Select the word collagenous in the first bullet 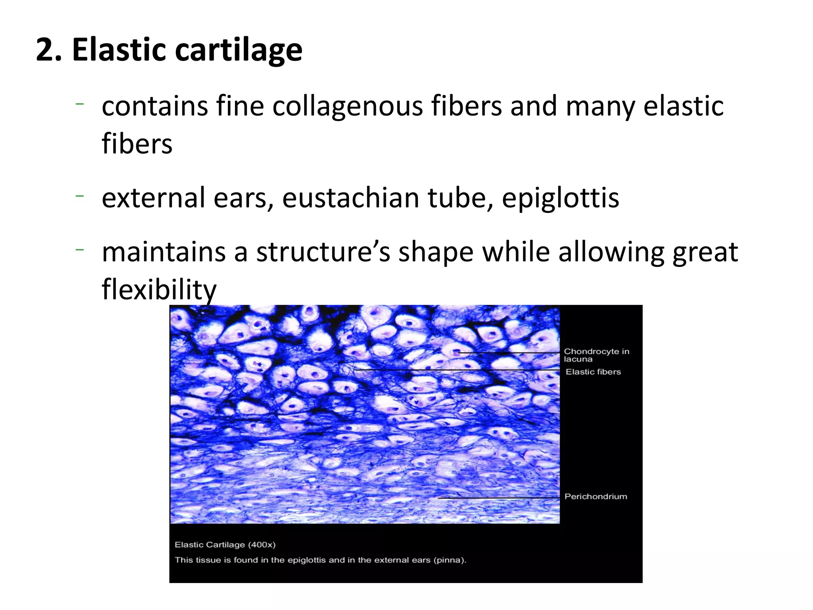tap(347, 106)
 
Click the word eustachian tap(350, 198)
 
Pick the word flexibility tap(159, 289)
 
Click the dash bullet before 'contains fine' tap(80, 104)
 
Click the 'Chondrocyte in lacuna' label tap(596, 355)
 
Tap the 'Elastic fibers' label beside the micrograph tap(593, 372)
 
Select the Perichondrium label tap(595, 496)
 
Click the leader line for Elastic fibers tap(457, 370)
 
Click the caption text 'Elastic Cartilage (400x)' tap(225, 544)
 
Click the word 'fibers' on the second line tap(137, 144)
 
